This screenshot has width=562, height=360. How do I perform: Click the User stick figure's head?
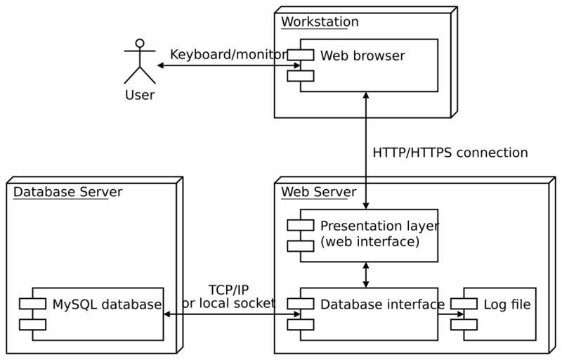[x=140, y=44]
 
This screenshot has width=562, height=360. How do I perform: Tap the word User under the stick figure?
[x=139, y=95]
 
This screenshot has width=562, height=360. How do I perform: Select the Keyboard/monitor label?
[x=228, y=55]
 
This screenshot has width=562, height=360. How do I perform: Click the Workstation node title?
[x=320, y=22]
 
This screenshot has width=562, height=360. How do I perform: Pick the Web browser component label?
[x=362, y=56]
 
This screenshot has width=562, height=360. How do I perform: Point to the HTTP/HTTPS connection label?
[x=450, y=153]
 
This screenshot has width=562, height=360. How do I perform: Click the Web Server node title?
[x=318, y=192]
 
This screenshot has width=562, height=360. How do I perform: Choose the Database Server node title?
[x=67, y=192]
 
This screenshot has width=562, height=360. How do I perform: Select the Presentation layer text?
[x=379, y=226]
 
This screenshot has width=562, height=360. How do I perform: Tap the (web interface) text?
[x=370, y=242]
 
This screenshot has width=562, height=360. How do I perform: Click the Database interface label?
[x=382, y=304]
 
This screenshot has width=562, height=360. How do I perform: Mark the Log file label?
[x=507, y=304]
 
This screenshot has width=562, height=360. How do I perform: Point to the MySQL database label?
[x=107, y=304]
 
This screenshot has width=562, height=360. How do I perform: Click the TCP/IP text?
[x=228, y=290]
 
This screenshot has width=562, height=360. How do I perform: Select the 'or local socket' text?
[x=229, y=303]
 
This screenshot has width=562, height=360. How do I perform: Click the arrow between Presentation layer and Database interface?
[x=366, y=274]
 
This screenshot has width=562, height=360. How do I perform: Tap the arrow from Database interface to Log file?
[x=451, y=314]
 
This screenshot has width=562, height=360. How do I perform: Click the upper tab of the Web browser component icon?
[x=301, y=55]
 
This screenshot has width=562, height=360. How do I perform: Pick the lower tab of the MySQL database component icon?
[x=32, y=324]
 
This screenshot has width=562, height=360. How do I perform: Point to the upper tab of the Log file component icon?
[x=464, y=303]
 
